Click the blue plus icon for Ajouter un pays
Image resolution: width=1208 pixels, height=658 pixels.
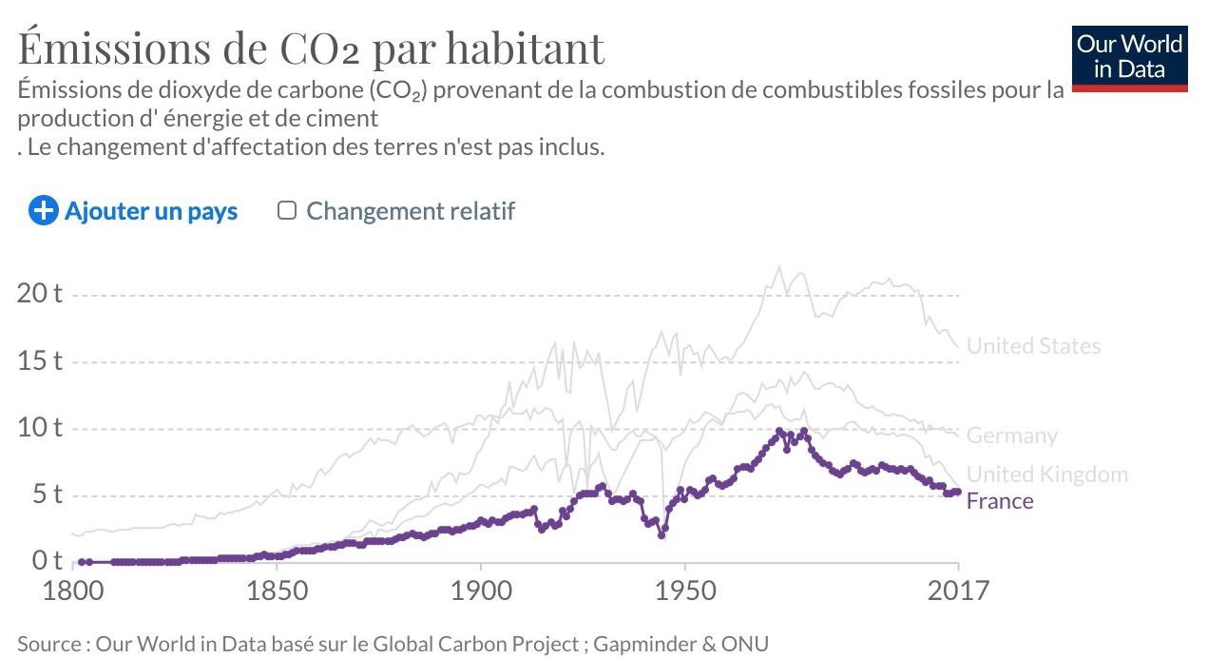pyautogui.click(x=43, y=210)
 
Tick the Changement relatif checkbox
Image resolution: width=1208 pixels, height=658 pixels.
pyautogui.click(x=286, y=210)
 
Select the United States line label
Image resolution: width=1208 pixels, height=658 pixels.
pyautogui.click(x=1033, y=346)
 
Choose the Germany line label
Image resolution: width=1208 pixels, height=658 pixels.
pyautogui.click(x=1011, y=435)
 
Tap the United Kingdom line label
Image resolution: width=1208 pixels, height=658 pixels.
pyautogui.click(x=1046, y=474)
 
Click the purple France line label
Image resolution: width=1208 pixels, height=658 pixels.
pyautogui.click(x=999, y=501)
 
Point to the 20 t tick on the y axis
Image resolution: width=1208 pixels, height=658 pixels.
pyautogui.click(x=39, y=293)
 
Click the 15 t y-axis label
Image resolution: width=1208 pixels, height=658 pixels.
pyautogui.click(x=39, y=360)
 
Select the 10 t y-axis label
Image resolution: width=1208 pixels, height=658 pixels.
pyautogui.click(x=39, y=427)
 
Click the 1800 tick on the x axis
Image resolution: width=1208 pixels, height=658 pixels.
pyautogui.click(x=73, y=591)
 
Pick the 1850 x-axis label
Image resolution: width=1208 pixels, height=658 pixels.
pyautogui.click(x=277, y=591)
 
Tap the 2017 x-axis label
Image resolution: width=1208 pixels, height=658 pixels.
pyautogui.click(x=958, y=591)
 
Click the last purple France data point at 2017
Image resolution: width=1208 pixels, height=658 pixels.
pyautogui.click(x=958, y=492)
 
